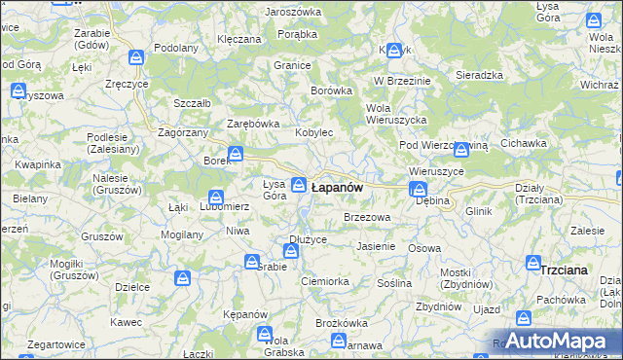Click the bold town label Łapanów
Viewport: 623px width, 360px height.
(x=337, y=187)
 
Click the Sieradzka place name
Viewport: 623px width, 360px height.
(x=479, y=74)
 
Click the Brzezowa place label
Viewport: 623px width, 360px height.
(x=367, y=218)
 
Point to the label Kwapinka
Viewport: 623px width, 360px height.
(x=38, y=164)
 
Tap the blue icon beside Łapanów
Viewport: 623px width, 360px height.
(x=300, y=184)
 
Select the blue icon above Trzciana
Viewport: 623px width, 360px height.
(x=533, y=262)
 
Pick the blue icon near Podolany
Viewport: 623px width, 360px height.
(x=137, y=58)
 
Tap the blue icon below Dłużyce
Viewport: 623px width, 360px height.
(x=290, y=252)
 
